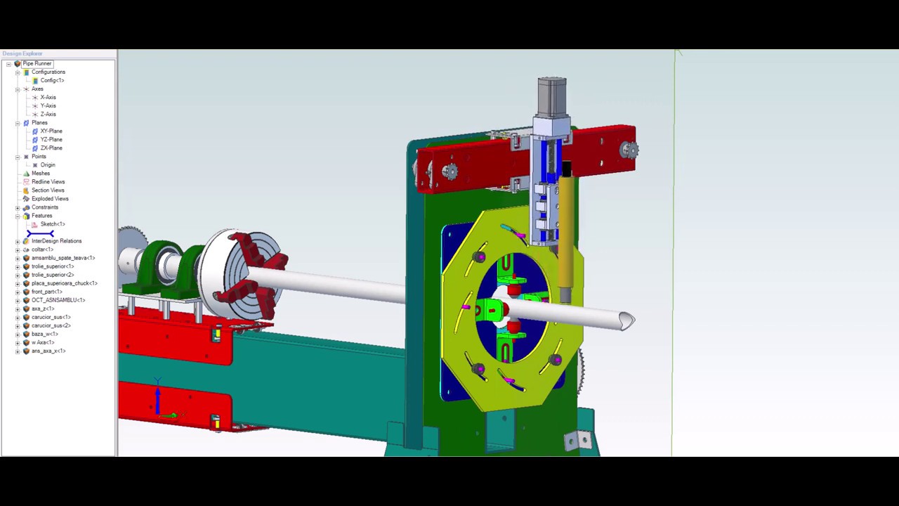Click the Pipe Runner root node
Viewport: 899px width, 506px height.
(x=37, y=63)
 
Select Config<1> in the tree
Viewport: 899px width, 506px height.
(x=51, y=80)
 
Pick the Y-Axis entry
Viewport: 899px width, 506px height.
(x=48, y=105)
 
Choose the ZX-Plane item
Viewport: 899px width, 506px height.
(x=51, y=148)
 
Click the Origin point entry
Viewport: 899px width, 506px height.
(x=47, y=164)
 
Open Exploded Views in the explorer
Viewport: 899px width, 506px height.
(x=49, y=198)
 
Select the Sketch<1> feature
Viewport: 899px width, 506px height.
(x=52, y=223)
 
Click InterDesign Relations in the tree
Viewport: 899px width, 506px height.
(x=56, y=241)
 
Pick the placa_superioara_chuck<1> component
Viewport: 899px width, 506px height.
(x=64, y=283)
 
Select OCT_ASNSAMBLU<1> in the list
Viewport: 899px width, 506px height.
(x=58, y=300)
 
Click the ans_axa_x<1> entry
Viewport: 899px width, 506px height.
(x=48, y=351)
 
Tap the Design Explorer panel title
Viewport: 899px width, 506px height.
(x=22, y=53)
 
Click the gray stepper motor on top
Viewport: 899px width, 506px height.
(x=551, y=96)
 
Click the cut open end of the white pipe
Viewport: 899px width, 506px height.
(x=626, y=321)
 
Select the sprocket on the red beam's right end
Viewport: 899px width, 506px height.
(x=629, y=150)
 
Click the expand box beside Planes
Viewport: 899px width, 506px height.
(x=18, y=123)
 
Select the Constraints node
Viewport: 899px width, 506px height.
(x=44, y=207)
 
